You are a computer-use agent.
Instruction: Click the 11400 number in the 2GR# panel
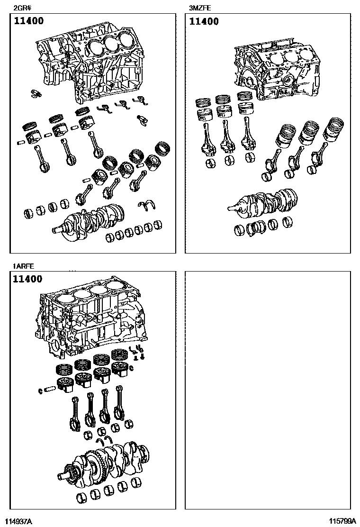(28, 21)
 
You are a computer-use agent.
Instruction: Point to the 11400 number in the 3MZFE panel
(204, 21)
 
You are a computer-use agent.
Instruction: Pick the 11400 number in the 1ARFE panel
(27, 279)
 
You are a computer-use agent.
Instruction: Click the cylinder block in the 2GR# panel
(90, 66)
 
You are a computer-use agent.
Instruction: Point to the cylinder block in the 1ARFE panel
(90, 322)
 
